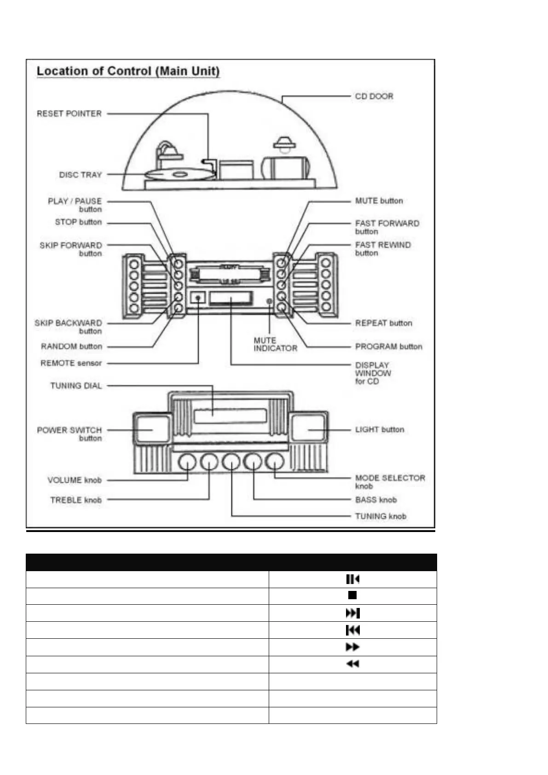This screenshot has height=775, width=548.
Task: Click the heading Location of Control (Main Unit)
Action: pyautogui.click(x=128, y=71)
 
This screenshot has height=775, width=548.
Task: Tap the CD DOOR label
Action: pyautogui.click(x=374, y=96)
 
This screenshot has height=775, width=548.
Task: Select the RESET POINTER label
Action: pyautogui.click(x=69, y=114)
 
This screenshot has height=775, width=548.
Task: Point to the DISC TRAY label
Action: pyautogui.click(x=80, y=175)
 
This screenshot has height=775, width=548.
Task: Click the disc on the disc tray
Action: pyautogui.click(x=179, y=174)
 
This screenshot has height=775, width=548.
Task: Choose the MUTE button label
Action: pyautogui.click(x=379, y=201)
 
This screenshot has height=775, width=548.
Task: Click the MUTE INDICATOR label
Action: pyautogui.click(x=275, y=344)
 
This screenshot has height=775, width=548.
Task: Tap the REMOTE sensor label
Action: pyautogui.click(x=71, y=363)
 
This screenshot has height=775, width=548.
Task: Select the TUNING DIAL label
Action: pyautogui.click(x=75, y=386)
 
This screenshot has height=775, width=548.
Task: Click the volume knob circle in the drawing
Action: pyautogui.click(x=187, y=462)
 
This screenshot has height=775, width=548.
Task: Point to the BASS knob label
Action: pyautogui.click(x=375, y=500)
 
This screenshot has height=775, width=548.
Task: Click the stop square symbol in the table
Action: pyautogui.click(x=352, y=595)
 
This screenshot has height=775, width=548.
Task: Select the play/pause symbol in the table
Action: pyautogui.click(x=352, y=579)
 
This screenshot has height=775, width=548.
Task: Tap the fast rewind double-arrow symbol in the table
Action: pyautogui.click(x=352, y=664)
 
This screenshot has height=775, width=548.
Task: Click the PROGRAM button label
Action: pyautogui.click(x=388, y=347)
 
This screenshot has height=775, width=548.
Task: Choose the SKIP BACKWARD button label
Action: pyautogui.click(x=68, y=327)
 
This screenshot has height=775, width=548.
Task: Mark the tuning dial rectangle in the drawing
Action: pyautogui.click(x=230, y=416)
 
